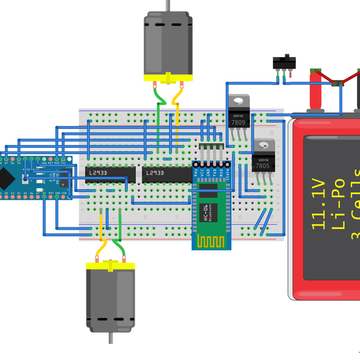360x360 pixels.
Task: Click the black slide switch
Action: click(282, 62)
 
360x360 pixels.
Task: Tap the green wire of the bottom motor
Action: click(119, 241)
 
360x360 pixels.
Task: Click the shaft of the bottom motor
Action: click(110, 339)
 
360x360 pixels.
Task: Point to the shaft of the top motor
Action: click(167, 5)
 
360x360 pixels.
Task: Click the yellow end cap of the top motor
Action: click(167, 77)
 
